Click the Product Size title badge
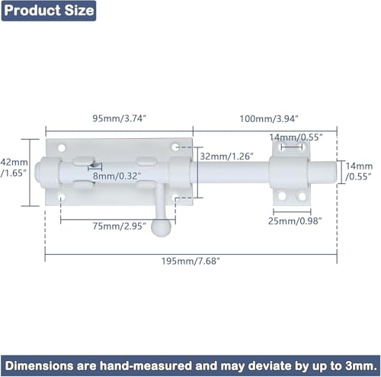click(x=49, y=11)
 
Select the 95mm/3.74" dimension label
click(x=120, y=118)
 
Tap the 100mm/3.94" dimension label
click(x=269, y=119)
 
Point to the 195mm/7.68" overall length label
click(x=190, y=261)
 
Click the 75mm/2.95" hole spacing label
click(x=119, y=226)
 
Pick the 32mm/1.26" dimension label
click(x=226, y=156)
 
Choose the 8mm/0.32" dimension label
click(x=117, y=176)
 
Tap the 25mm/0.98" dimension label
click(x=295, y=221)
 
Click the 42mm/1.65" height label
click(x=14, y=168)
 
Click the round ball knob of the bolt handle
click(x=161, y=227)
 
